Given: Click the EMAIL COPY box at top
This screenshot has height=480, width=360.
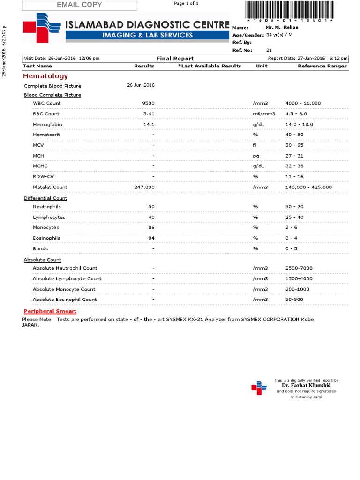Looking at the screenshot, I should pos(79,5).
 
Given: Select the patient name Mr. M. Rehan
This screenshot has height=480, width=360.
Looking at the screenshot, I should pos(282,27).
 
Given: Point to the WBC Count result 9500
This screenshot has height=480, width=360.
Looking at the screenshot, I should pos(149,103).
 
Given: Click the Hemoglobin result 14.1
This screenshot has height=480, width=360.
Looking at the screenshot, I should pos(149,124).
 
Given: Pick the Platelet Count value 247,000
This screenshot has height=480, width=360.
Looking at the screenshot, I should pos(144,187).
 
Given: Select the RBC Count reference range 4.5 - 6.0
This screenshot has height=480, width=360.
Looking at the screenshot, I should pos(296,114).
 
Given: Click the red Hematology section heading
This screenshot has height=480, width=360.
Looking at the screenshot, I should pos(45,76).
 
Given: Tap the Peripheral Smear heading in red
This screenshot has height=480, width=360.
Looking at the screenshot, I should pos(50,311).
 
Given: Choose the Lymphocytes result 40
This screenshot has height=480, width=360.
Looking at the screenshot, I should pos(151,217).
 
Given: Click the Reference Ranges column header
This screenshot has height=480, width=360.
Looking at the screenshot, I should pos(322,66).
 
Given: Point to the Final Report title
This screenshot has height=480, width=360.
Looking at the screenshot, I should pos(175,59).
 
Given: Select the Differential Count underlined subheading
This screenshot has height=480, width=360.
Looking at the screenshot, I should pos(45,198).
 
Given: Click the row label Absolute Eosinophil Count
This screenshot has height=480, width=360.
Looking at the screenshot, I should pos(65,299).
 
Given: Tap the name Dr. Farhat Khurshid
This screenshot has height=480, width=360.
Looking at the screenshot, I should pos(306,385).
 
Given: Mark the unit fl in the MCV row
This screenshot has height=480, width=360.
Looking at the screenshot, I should pos(255,145).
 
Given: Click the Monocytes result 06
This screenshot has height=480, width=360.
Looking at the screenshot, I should pos(151,228).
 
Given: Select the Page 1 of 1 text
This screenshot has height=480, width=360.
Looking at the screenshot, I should pos(186,3).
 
